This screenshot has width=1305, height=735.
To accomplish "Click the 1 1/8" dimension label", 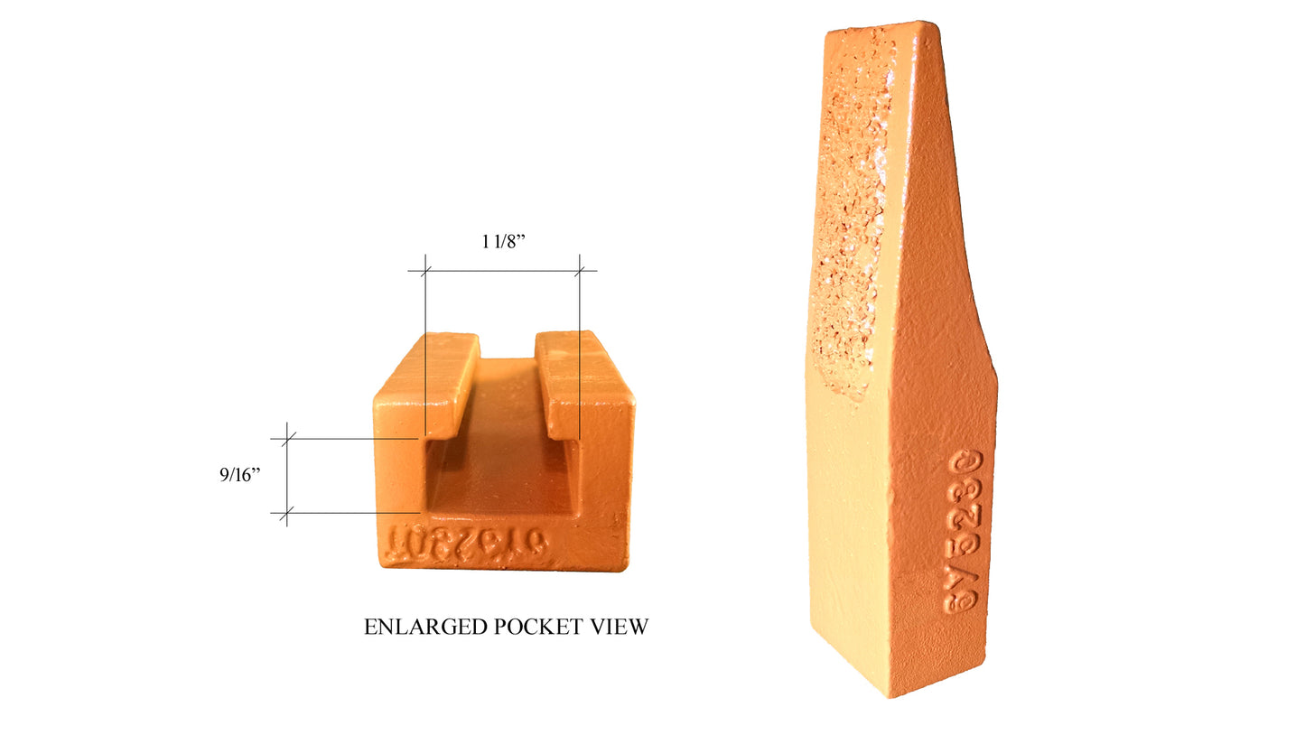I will pos(502,242).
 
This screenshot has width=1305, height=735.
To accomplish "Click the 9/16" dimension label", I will pos(239,475).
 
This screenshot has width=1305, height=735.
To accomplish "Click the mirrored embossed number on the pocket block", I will pos(466,544).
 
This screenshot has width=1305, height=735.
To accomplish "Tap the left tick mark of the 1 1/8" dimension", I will pos(424,270).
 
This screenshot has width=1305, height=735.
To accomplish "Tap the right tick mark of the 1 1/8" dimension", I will pos(580,270).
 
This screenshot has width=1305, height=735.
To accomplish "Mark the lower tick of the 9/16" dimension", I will pos(287,514).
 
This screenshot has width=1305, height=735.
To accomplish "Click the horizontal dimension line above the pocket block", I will pos(502,270).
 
